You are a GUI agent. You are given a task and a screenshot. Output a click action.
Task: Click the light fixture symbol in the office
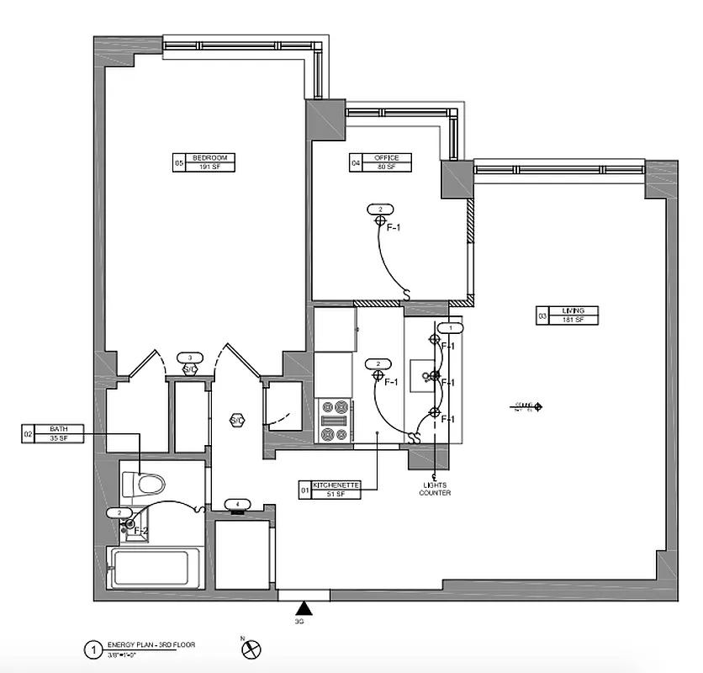(380, 220)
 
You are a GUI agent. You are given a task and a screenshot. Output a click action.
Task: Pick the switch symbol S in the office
(407, 296)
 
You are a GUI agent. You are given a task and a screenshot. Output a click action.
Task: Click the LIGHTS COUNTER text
(435, 489)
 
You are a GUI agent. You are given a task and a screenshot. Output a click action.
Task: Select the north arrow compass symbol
(251, 649)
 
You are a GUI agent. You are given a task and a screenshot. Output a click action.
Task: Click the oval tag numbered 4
(238, 504)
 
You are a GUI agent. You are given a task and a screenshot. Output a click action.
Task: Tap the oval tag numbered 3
(190, 358)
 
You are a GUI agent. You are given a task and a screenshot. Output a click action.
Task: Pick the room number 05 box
(178, 162)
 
